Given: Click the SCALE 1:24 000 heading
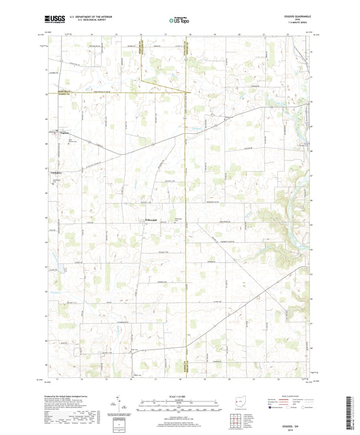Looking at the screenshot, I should [x=178, y=396].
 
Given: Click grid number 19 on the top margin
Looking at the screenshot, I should [x=214, y=33].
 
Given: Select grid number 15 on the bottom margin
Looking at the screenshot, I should [x=106, y=379].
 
